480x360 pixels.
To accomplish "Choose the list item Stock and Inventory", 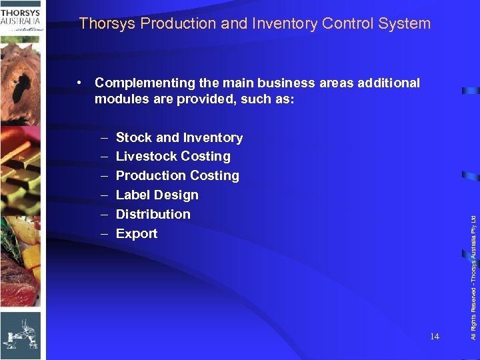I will point(179,138).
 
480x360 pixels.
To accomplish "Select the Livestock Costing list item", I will point(173,157).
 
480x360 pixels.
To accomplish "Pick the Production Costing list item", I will point(177,176).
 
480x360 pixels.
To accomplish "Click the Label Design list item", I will point(157,195).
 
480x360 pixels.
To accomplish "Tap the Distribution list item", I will point(153,215).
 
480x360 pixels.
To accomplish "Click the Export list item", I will point(137,234).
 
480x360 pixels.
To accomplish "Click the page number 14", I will point(434,337).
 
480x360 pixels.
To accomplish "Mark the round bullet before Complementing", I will point(79,83).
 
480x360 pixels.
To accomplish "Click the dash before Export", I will point(105,234).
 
